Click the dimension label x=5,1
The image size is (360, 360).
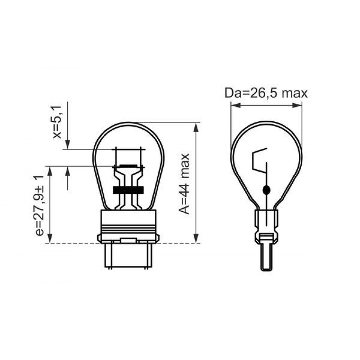point(57,122)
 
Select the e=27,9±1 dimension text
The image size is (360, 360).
point(39,206)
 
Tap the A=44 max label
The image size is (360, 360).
point(184,184)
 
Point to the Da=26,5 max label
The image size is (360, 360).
point(266,94)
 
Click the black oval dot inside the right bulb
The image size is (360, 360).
point(266,190)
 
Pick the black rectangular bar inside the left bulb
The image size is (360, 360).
point(129,190)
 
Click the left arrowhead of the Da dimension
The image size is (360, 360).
point(235,105)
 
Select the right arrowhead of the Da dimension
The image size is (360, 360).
point(296,105)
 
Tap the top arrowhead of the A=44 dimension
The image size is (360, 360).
point(196,127)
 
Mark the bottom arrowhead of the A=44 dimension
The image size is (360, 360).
point(196,238)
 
